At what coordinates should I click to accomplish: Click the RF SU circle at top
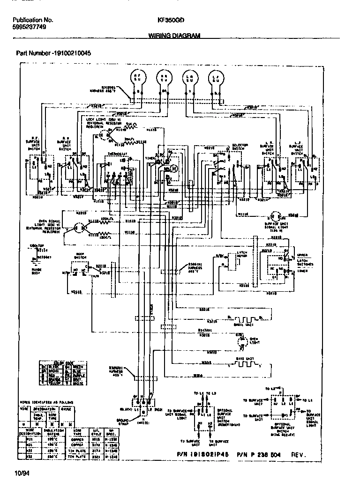[137, 78]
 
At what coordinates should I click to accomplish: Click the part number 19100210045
[71, 53]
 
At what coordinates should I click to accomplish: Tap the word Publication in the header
[26, 21]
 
